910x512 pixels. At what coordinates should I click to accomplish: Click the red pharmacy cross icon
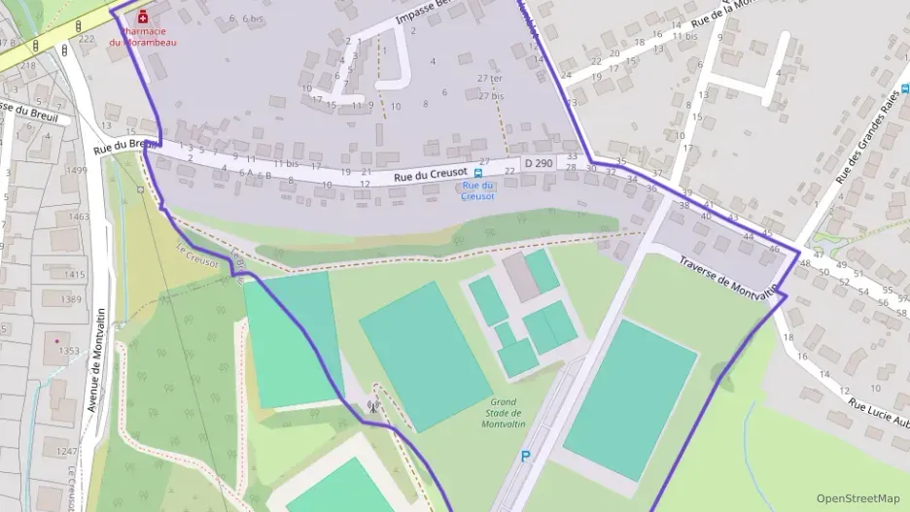coord(144,17)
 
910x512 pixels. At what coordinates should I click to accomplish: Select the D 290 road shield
coord(539,163)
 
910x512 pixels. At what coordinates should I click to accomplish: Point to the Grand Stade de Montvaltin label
coord(503,412)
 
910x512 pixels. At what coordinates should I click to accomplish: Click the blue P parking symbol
coord(526,456)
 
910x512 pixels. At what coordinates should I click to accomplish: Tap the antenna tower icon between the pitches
coord(372,407)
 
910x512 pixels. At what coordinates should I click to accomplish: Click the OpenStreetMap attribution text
coord(857,498)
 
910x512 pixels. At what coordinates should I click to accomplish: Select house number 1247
coord(65,452)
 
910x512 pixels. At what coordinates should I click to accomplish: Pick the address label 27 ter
coord(489,79)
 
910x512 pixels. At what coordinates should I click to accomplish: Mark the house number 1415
coord(74,275)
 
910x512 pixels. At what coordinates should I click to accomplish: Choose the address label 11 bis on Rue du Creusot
coord(285,163)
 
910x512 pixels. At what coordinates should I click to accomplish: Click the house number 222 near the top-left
coord(87,39)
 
